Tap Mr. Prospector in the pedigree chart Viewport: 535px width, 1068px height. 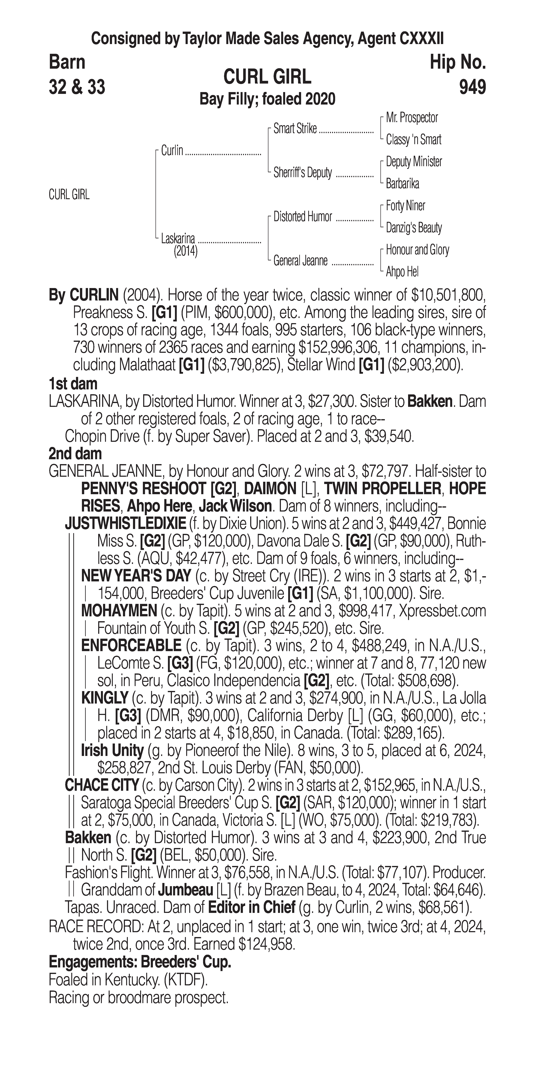point(412,118)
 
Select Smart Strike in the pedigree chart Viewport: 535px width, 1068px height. point(295,129)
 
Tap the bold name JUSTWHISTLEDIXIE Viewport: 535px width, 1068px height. point(125,524)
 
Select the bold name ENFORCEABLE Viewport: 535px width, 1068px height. point(131,646)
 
